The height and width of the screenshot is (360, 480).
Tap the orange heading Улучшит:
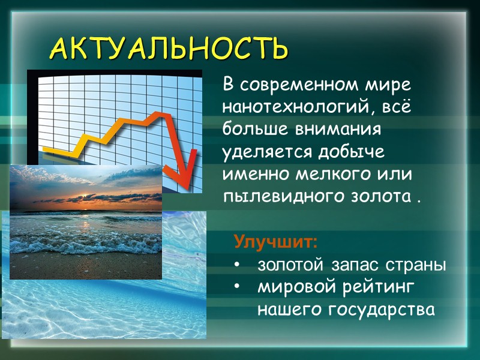click(x=275, y=243)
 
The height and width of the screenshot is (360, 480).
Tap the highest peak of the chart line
click(x=158, y=113)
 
